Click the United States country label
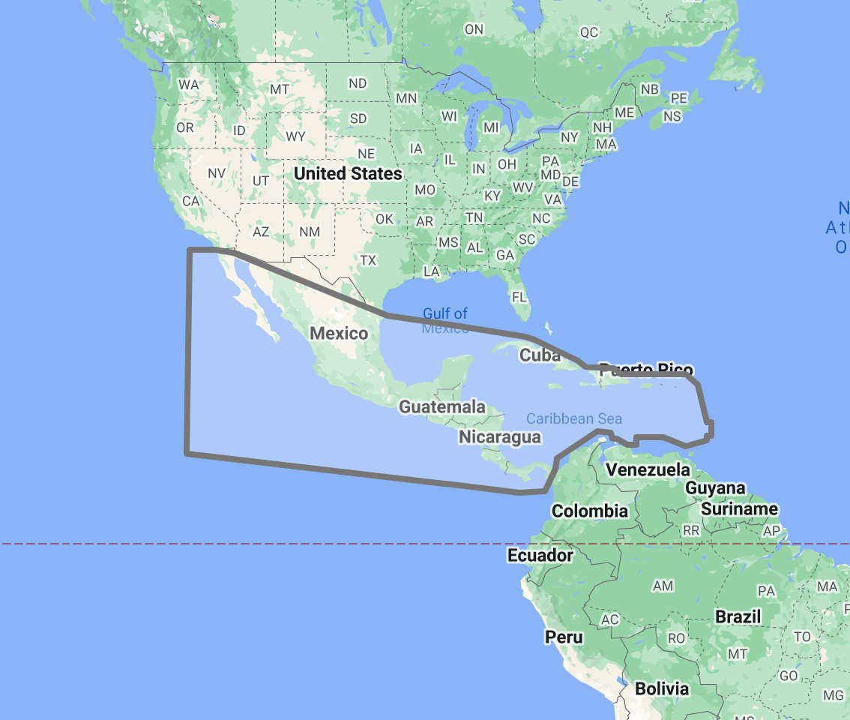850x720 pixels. click(348, 174)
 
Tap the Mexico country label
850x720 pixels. click(339, 333)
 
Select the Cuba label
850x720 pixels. click(540, 355)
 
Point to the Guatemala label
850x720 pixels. click(442, 407)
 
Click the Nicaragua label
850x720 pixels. click(500, 436)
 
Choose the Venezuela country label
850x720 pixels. click(648, 469)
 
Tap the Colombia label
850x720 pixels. click(590, 511)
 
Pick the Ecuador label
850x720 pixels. click(540, 556)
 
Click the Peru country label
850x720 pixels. click(564, 637)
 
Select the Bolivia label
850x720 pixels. click(662, 688)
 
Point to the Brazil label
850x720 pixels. click(738, 617)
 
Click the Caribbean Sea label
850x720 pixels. click(574, 419)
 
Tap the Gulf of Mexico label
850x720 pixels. click(445, 320)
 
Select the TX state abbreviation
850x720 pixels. click(368, 260)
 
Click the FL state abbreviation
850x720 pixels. click(519, 297)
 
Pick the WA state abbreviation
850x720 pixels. click(188, 85)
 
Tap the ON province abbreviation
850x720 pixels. click(474, 29)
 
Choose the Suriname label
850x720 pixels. click(740, 509)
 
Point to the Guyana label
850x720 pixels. click(716, 488)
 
